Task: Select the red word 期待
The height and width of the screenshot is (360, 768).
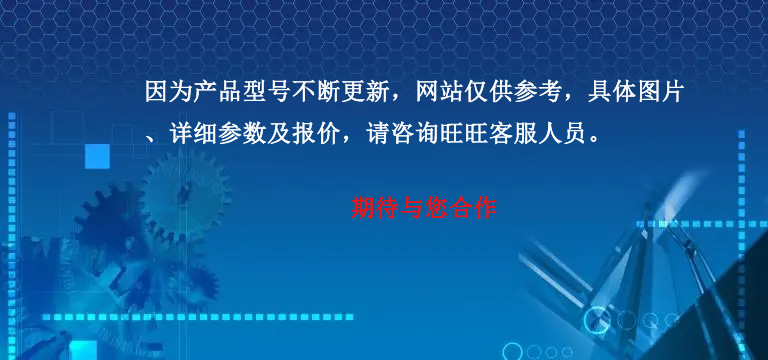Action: pos(376,208)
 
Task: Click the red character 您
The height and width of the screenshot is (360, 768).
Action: pos(436,208)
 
